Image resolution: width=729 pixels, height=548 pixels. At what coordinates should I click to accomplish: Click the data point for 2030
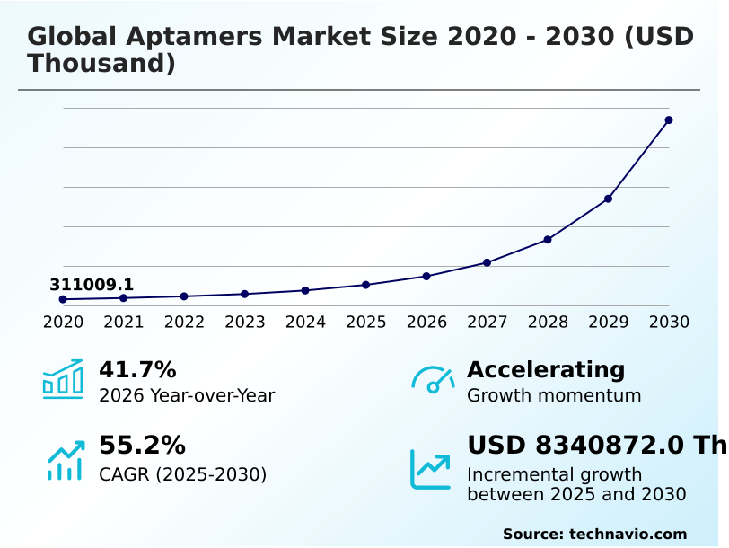click(669, 119)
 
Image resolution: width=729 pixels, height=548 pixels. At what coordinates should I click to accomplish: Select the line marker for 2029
click(608, 199)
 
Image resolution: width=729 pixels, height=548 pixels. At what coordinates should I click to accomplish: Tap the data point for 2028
click(548, 240)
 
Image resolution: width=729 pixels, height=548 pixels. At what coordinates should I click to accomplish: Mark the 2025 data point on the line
click(365, 285)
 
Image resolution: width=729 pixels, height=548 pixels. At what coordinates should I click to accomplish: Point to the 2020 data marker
click(63, 299)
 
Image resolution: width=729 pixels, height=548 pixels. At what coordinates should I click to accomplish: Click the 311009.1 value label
click(92, 285)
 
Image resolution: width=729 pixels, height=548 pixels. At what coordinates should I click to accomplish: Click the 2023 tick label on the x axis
click(245, 322)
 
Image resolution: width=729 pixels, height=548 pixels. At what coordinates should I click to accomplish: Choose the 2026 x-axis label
click(426, 322)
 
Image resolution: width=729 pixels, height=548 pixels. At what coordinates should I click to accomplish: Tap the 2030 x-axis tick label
click(669, 322)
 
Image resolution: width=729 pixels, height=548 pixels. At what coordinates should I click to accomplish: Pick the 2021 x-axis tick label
click(124, 322)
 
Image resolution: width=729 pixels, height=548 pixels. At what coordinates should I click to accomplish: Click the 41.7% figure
click(137, 369)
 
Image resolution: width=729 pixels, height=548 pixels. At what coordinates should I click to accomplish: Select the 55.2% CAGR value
click(142, 445)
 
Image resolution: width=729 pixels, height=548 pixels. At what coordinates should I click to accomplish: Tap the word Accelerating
click(546, 369)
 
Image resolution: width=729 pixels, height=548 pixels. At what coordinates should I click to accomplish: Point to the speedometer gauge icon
click(433, 380)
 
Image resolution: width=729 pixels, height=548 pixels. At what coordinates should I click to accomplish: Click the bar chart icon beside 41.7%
click(63, 379)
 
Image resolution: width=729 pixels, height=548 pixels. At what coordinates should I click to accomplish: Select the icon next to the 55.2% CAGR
click(66, 460)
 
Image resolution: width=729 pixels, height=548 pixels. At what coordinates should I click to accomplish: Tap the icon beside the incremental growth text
click(430, 469)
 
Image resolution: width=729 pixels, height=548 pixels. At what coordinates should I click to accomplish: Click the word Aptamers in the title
click(190, 38)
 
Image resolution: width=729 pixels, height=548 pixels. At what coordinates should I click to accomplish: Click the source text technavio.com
click(628, 534)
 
